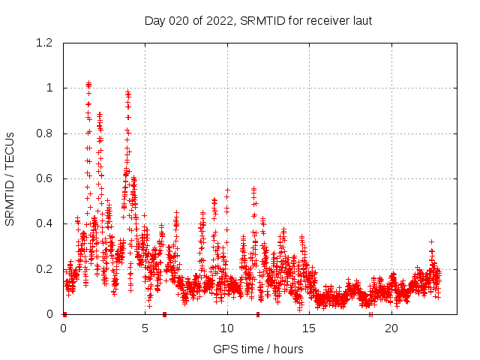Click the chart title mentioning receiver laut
coord(258,20)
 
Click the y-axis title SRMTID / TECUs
coord(10,178)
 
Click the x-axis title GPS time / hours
coord(258,349)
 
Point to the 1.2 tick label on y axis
coord(46,43)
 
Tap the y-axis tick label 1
coord(49,88)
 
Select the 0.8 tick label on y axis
coord(46,133)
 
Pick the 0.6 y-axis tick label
coord(46,178)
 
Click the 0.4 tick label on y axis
coord(46,223)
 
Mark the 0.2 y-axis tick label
coord(46,269)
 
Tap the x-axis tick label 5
coord(145,328)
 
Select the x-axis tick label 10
coord(227,328)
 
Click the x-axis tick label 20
coord(391,328)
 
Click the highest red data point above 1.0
coord(88,82)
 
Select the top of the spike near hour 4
coord(128,92)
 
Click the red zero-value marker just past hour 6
coord(164,314)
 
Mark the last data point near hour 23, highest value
coord(431,241)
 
